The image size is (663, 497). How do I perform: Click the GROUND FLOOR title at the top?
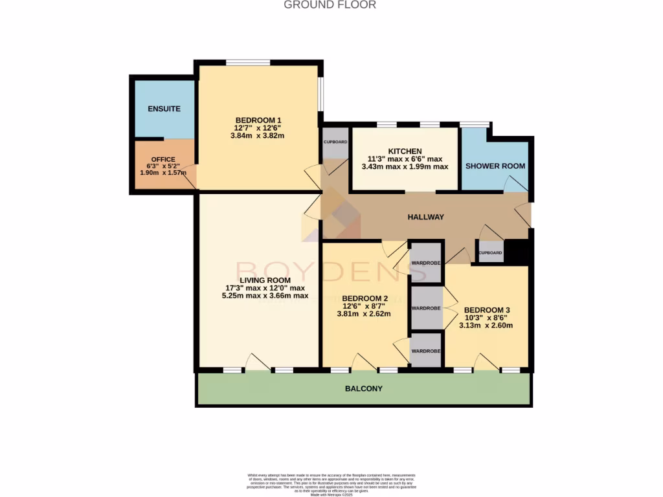click(x=330, y=5)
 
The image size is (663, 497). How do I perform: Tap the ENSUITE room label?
click(x=164, y=109)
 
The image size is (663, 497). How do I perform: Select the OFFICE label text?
click(x=163, y=159)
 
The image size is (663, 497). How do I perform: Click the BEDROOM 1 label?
click(x=258, y=120)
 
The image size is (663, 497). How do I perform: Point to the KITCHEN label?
click(x=405, y=151)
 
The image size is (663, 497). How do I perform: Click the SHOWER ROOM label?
click(x=495, y=166)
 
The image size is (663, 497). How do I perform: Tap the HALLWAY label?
click(x=425, y=217)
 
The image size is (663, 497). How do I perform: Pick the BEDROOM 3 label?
click(x=487, y=310)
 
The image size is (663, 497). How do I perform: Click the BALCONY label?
click(x=363, y=389)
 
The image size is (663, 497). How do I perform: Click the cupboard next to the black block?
click(x=490, y=252)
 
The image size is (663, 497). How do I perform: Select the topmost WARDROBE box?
click(x=426, y=262)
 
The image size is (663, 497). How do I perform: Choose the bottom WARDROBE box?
click(x=426, y=351)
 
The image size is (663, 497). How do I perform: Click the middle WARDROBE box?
click(x=426, y=308)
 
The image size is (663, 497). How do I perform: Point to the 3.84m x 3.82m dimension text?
click(x=258, y=136)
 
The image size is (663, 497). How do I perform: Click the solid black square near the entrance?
click(x=517, y=252)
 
